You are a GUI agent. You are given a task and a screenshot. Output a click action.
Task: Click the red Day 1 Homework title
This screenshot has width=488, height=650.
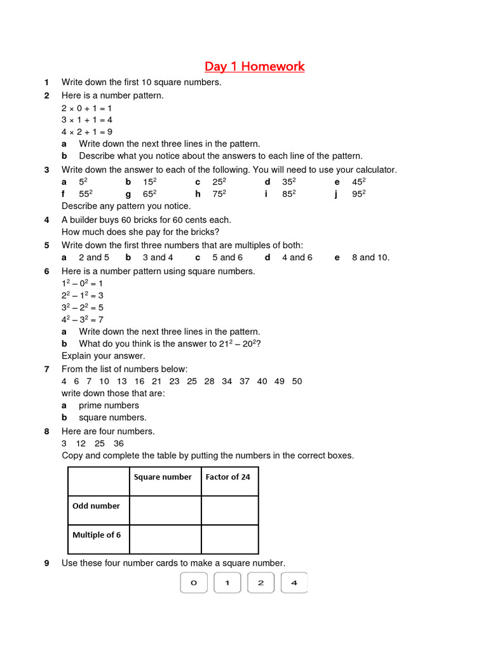[x=254, y=67]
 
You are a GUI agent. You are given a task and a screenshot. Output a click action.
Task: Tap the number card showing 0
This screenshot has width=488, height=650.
[x=194, y=583]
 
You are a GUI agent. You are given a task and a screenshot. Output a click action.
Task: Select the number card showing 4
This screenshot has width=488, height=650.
[x=294, y=583]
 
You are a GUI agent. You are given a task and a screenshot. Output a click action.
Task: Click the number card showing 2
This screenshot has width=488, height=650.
[x=261, y=583]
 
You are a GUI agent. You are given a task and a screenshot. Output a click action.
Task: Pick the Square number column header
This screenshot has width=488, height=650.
[x=163, y=477]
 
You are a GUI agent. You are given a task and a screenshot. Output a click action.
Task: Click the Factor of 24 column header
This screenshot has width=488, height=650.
[x=227, y=477]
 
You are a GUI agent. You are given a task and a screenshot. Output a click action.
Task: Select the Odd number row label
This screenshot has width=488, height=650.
[x=96, y=506]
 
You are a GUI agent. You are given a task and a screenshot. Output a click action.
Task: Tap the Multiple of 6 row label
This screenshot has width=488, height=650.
[x=97, y=535]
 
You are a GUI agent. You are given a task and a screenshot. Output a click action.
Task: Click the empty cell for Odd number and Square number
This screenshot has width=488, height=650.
[x=165, y=510]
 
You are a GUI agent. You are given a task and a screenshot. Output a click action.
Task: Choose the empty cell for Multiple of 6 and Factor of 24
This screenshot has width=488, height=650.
[x=230, y=540]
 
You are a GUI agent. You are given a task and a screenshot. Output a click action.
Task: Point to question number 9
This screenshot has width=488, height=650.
[x=47, y=563]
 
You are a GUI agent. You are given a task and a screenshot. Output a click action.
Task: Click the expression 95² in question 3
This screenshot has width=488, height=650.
[x=359, y=194]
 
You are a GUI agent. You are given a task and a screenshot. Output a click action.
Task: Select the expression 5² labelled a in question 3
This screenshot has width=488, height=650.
[x=83, y=182]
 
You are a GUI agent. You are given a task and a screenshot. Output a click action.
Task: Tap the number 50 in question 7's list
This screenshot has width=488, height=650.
[x=297, y=381]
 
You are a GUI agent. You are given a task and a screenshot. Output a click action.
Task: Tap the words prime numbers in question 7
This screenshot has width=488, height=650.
[x=109, y=406]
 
